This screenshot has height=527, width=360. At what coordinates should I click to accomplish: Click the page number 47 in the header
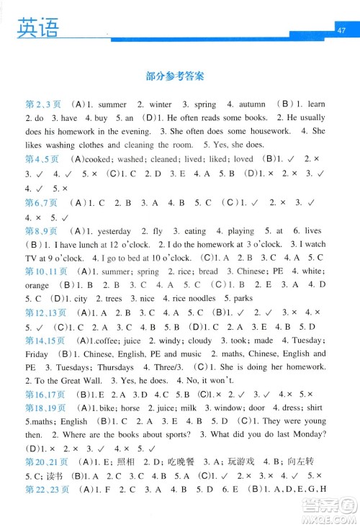pyautogui.click(x=341, y=30)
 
